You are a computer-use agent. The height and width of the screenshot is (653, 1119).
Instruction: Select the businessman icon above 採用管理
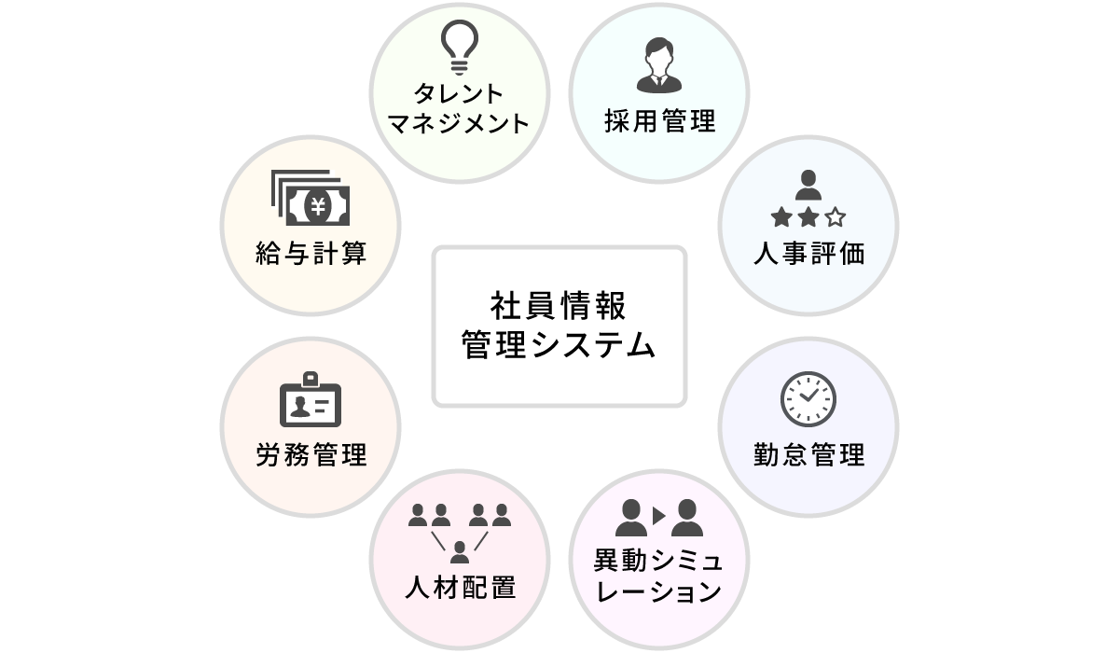point(659,65)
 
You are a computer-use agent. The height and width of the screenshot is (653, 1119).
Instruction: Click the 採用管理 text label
point(659,121)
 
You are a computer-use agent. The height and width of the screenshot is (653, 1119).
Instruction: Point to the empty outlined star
point(835,218)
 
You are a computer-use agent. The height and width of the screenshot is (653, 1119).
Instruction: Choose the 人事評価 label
point(808,254)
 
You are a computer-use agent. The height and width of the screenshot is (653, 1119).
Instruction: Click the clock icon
point(808,399)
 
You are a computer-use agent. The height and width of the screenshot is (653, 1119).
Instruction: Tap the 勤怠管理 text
point(808,455)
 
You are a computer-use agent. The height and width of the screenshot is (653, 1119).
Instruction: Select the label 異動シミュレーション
point(658,576)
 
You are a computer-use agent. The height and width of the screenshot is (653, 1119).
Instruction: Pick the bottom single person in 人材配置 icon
point(459,551)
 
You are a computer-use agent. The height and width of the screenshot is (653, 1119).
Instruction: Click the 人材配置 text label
point(460,590)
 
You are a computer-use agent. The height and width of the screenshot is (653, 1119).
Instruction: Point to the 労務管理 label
point(311,455)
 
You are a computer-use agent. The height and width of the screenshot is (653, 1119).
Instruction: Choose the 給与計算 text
point(311,254)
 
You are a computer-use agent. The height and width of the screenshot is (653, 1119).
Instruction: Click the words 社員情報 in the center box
point(559,305)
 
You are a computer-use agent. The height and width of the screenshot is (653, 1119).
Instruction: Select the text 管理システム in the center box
point(559,346)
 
